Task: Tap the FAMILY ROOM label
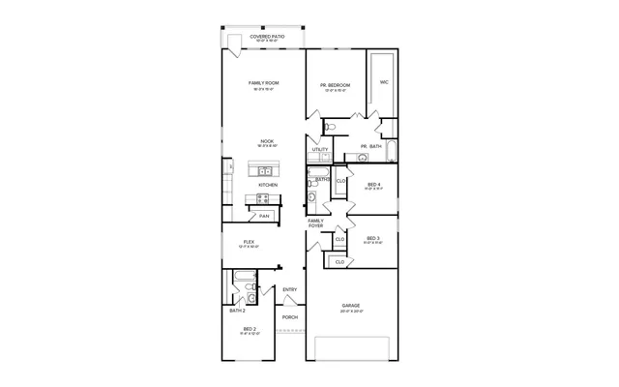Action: point(263,84)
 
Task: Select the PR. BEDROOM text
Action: point(335,86)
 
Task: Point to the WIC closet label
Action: point(384,82)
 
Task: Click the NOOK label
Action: point(267,141)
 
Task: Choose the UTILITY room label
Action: point(319,149)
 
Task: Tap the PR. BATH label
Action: point(371,146)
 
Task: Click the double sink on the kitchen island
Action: point(264,170)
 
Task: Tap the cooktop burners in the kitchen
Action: point(260,198)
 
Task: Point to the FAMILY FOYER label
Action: point(315,223)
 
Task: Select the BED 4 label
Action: point(373,185)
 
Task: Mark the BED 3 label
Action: point(372,238)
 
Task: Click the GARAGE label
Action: point(350,306)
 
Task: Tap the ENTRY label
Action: point(289,289)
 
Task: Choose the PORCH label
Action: point(289,316)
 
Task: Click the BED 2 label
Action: point(249,329)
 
